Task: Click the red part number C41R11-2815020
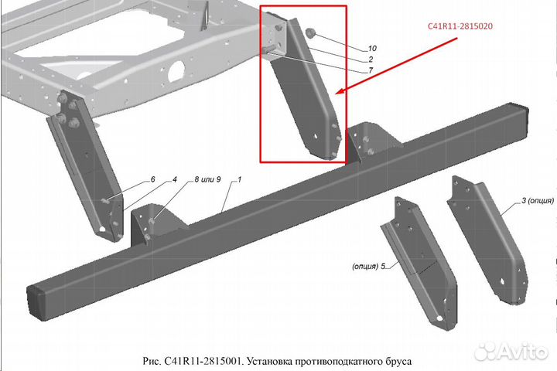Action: (x=460, y=26)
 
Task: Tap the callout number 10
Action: (x=372, y=48)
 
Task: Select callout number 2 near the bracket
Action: (x=371, y=60)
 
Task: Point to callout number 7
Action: (x=371, y=70)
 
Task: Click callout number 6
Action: (x=152, y=179)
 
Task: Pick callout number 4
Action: (x=174, y=179)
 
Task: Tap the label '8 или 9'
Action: (x=207, y=179)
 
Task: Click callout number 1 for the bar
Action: (x=239, y=179)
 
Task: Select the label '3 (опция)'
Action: (x=538, y=201)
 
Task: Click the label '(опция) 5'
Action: (x=369, y=266)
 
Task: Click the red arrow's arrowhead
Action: (x=340, y=92)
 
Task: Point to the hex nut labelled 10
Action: (x=310, y=33)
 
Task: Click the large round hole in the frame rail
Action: (x=177, y=70)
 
